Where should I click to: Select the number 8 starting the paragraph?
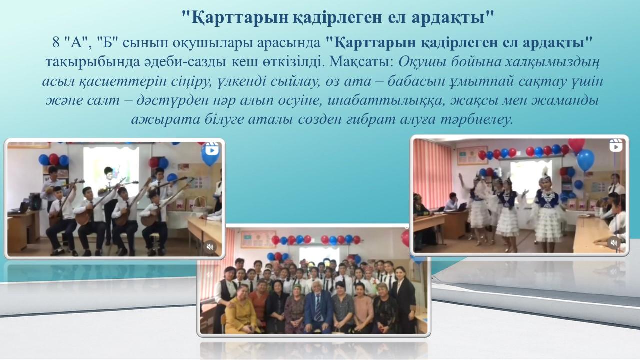tap(56, 43)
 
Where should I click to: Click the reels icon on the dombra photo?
tap(212, 150)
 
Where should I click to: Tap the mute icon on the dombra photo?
tap(210, 247)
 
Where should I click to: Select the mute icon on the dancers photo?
tap(614, 243)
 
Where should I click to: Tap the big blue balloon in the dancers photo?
tap(585, 160)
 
